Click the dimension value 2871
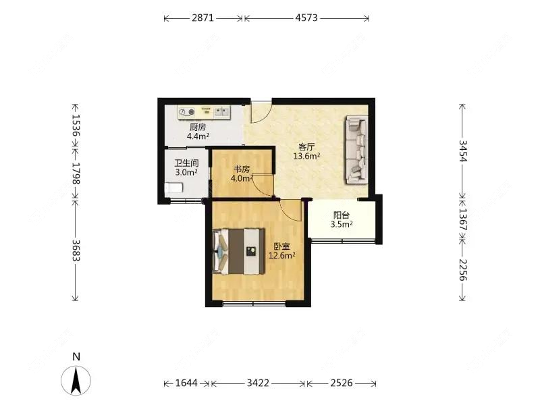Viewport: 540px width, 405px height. pos(203,18)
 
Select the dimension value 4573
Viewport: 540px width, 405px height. pos(306,18)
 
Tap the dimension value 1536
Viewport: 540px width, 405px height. pos(76,125)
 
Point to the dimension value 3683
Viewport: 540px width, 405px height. pos(76,250)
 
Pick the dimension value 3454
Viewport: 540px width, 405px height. pos(463,151)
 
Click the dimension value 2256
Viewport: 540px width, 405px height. pos(463,269)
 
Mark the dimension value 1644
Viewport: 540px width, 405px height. pos(186,383)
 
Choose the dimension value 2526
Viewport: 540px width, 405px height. pos(342,383)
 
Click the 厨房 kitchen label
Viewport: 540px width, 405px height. pos(198,127)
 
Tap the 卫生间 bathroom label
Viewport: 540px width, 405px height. pos(186,163)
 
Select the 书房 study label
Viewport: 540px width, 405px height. pos(242,169)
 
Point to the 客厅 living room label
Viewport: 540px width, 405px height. pos(306,147)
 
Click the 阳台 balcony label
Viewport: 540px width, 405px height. pos(342,215)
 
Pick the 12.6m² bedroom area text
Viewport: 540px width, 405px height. pos(282,256)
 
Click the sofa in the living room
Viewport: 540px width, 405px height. pos(356,149)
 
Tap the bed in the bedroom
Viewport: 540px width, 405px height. pos(239,251)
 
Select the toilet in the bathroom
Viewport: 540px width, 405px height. pos(174,188)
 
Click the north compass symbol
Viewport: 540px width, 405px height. pos(76,380)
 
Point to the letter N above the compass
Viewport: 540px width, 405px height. pos(76,356)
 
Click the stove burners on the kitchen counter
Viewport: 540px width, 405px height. pos(187,112)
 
